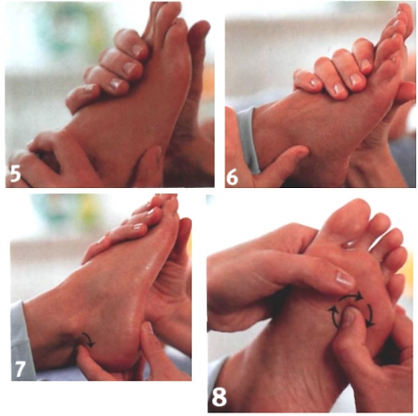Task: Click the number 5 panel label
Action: coord(15,173)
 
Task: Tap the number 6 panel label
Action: coord(233,177)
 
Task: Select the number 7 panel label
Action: coord(20,369)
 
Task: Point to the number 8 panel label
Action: coord(219,396)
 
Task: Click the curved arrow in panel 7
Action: coord(89,339)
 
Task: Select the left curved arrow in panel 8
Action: coord(333,317)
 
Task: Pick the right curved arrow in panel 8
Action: coord(370,315)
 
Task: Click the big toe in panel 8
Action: coord(350,221)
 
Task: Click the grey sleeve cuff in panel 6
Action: coord(249,140)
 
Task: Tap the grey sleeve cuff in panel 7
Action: coord(22,341)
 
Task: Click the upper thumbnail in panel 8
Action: coord(345,279)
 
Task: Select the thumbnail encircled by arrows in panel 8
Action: coord(350,316)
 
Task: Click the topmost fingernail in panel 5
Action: coord(137,50)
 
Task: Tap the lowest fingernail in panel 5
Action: coord(90,87)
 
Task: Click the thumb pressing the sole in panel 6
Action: coord(285,159)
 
